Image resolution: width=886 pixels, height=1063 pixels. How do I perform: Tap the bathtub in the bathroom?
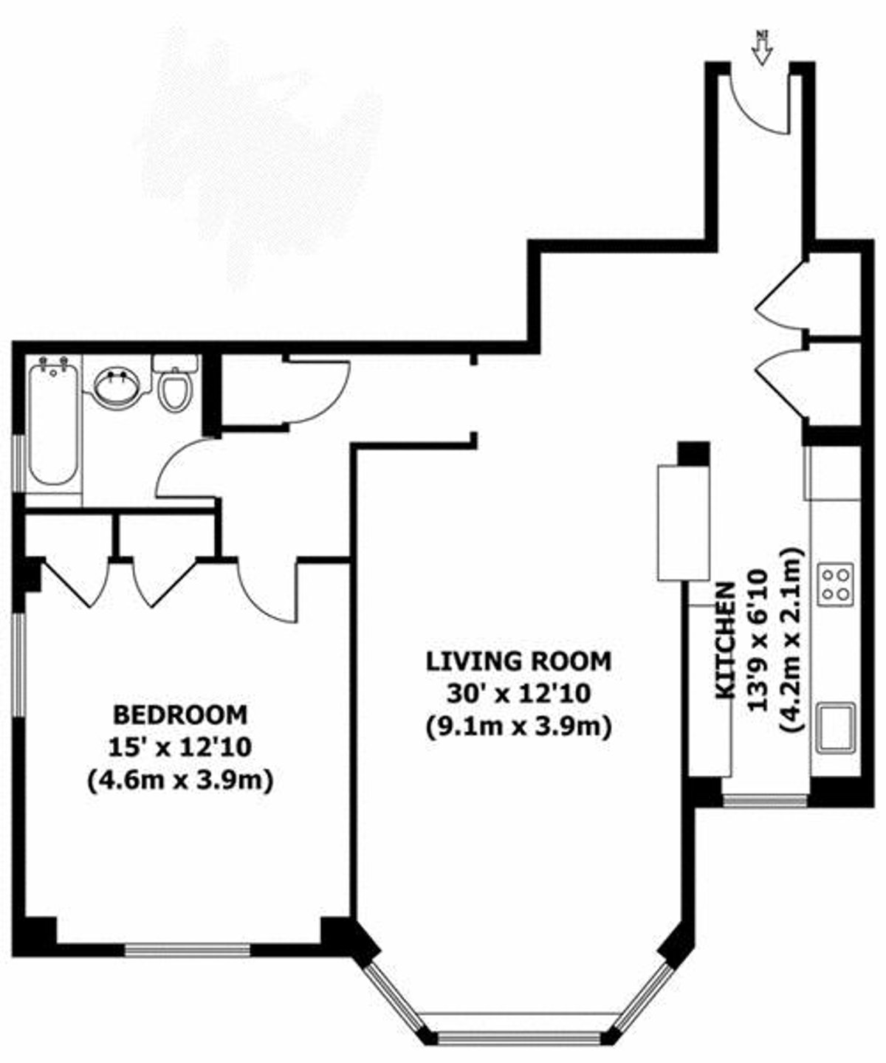52,421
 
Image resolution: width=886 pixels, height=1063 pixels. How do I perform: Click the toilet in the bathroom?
175,385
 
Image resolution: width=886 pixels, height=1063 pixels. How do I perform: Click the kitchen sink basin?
837,726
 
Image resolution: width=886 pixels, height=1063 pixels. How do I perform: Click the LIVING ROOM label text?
518,661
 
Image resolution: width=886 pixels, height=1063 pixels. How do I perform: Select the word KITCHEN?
726,640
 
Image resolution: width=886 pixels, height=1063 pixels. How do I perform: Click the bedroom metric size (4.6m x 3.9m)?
180,780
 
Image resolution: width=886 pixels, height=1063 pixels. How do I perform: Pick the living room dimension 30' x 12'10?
518,694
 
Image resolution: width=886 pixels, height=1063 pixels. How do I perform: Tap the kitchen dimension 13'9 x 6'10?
760,640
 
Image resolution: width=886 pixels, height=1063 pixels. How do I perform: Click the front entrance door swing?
757,103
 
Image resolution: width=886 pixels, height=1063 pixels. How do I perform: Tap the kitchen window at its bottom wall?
765,799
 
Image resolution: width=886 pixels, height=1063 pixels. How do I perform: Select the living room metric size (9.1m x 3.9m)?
518,728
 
